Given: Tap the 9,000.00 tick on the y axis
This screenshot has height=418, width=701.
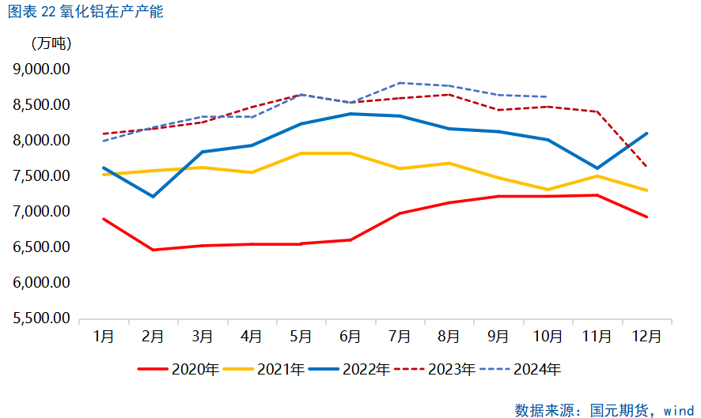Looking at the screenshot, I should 42,70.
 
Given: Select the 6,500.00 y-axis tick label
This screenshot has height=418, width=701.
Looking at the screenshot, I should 42,247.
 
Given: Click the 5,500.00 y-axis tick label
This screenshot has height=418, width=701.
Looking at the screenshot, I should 42,318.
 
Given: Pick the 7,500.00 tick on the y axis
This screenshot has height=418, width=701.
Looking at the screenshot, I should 42,176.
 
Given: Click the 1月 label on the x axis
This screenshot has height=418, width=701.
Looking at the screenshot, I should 104,336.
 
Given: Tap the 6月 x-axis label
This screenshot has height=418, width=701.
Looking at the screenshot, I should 350,336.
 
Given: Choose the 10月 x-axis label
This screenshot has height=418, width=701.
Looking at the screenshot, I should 548,336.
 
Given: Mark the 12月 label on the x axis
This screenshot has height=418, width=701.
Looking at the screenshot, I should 646,336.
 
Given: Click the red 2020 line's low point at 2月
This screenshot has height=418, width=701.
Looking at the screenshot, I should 153,250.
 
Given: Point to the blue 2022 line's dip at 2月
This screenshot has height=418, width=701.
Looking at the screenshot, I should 153,196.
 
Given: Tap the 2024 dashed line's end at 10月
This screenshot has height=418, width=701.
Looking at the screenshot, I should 548,96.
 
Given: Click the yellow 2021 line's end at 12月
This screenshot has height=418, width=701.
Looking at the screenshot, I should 647,190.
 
